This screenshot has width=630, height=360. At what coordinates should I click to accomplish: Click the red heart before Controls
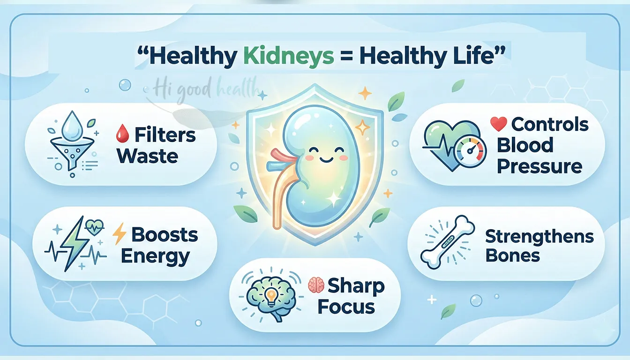click(498, 124)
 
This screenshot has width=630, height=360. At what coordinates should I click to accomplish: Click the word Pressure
click(540, 166)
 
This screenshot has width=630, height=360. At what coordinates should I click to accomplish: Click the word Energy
click(155, 256)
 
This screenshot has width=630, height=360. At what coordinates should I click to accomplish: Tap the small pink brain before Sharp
click(315, 285)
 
